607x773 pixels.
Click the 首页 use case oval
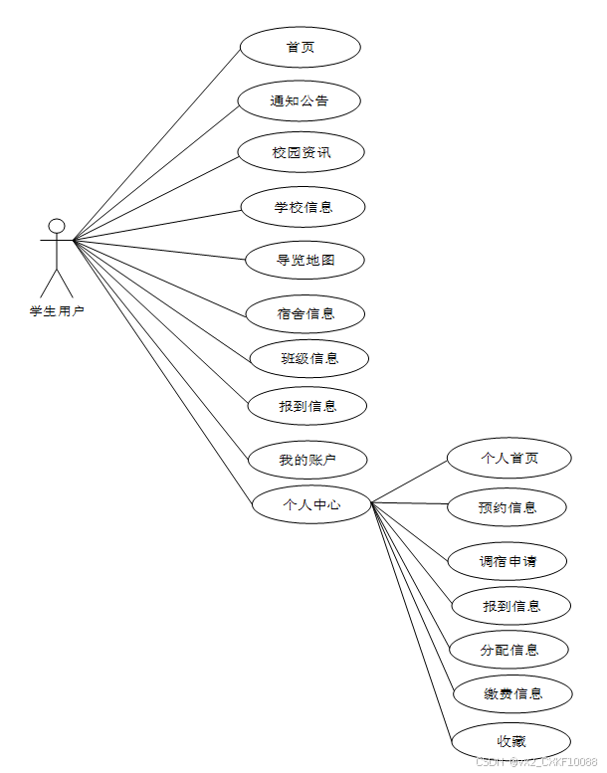[300, 47]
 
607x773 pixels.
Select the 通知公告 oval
[300, 100]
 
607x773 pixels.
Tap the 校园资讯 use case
[302, 153]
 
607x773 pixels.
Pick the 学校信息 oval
[303, 207]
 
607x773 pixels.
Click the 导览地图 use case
[304, 260]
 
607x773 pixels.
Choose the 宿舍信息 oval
[305, 313]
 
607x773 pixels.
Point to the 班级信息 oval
[309, 358]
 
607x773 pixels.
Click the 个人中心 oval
[311, 504]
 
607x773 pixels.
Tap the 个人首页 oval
[509, 458]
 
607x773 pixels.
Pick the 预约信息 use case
[507, 507]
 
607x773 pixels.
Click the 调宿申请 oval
[507, 560]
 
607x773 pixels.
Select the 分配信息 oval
[509, 650]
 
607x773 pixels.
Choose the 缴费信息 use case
[512, 693]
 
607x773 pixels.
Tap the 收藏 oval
[511, 741]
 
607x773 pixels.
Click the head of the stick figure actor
[57, 225]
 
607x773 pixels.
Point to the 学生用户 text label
[57, 311]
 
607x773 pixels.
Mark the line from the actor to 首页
[157, 142]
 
